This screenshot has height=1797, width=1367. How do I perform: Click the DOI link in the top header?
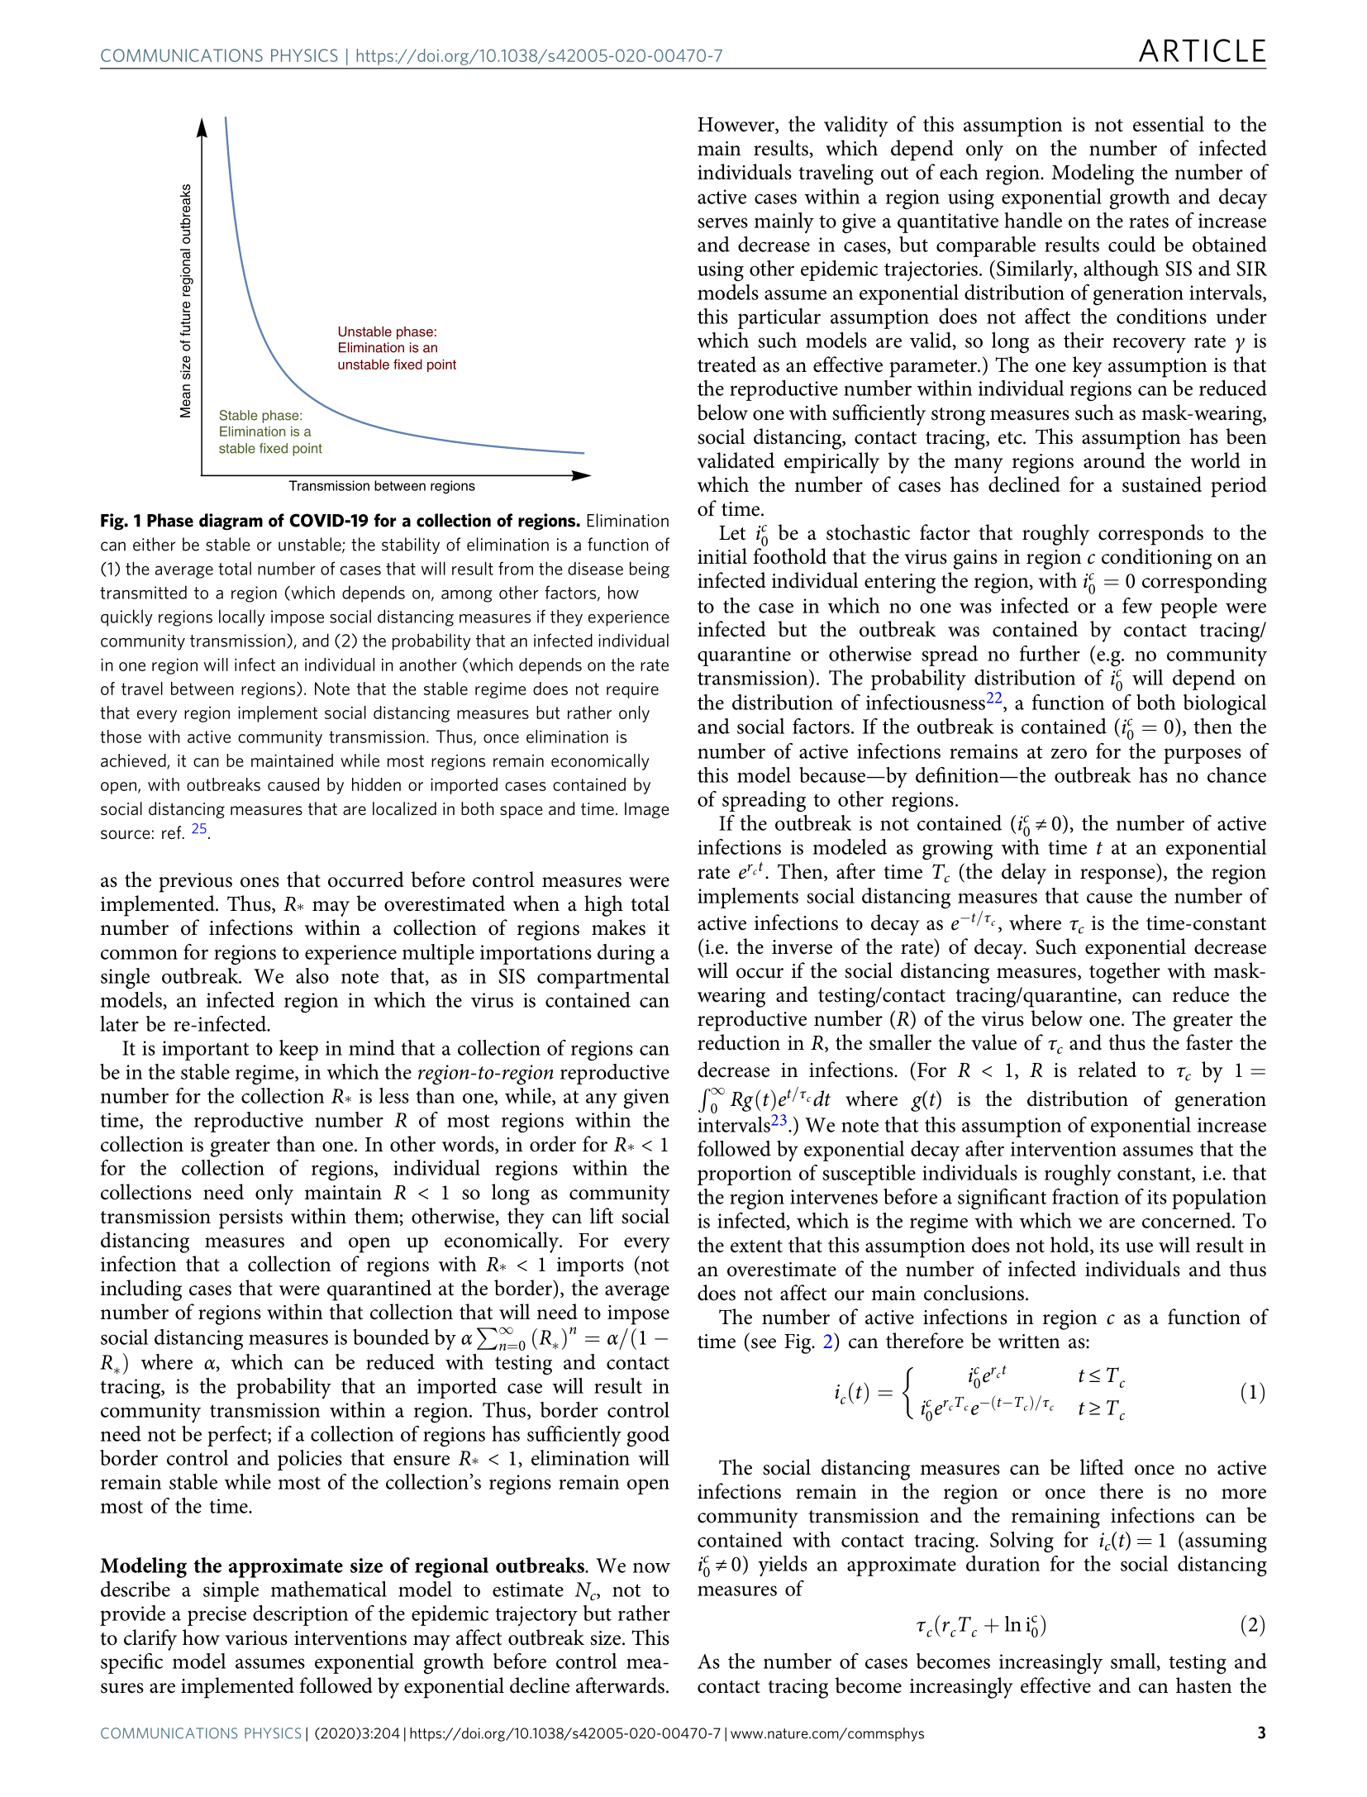tap(539, 56)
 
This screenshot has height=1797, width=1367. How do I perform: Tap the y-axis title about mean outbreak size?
tap(186, 301)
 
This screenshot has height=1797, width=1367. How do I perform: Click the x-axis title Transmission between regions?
tap(382, 486)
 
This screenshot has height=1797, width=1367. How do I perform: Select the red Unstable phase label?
tap(396, 348)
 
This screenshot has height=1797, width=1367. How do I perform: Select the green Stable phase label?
tap(269, 431)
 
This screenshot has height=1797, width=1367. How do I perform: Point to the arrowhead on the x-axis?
tap(582, 475)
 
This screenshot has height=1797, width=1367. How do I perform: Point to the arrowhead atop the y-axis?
tap(202, 126)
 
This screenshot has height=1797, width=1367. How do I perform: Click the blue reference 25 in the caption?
tap(199, 828)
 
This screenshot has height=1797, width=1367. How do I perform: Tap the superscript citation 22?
tap(993, 698)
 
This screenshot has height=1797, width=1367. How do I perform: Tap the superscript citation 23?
tap(779, 1120)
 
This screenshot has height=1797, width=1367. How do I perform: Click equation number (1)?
tap(1252, 1393)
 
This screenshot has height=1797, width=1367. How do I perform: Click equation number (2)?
tap(1252, 1625)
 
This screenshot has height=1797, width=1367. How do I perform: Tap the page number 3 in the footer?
tap(1261, 1733)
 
